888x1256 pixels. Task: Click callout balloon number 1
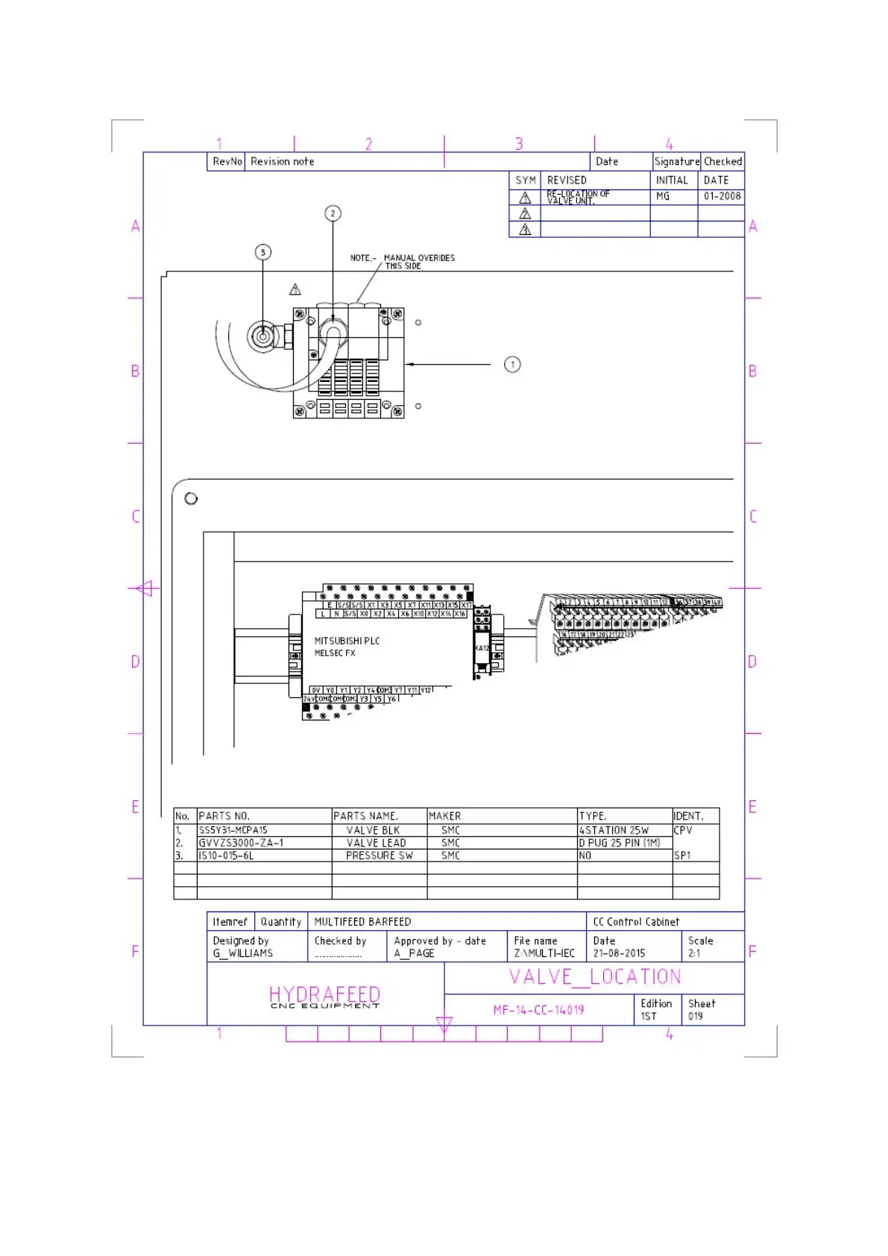click(512, 365)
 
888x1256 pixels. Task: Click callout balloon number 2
click(333, 213)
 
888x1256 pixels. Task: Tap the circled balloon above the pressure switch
click(263, 252)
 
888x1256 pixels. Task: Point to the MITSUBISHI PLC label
click(347, 641)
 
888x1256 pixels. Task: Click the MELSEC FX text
click(335, 653)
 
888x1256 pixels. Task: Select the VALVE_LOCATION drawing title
click(595, 977)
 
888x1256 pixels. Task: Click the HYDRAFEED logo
click(325, 996)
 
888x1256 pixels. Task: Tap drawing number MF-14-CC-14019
click(538, 1010)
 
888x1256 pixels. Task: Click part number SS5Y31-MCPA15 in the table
click(233, 830)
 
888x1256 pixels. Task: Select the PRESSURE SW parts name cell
click(379, 855)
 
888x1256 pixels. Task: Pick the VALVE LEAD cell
click(376, 843)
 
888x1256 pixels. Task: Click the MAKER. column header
click(446, 816)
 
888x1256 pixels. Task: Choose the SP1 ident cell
click(682, 855)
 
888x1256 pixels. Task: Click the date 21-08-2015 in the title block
click(619, 953)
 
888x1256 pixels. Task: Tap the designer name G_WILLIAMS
click(243, 953)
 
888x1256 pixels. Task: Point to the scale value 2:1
click(694, 953)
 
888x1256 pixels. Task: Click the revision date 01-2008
click(722, 196)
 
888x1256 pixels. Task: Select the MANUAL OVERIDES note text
click(418, 258)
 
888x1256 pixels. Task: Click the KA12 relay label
click(482, 648)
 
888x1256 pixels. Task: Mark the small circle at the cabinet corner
click(191, 498)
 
